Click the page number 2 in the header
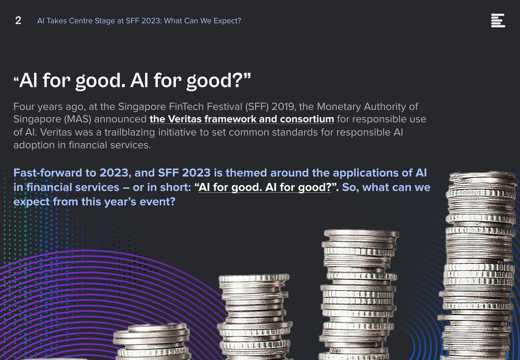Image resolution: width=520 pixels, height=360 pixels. (x=18, y=20)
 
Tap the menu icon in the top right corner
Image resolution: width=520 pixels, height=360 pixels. (x=498, y=20)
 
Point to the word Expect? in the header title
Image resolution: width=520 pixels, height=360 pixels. (x=227, y=21)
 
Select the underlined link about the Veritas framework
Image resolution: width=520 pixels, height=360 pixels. (x=242, y=119)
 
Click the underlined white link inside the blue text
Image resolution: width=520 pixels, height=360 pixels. (x=265, y=187)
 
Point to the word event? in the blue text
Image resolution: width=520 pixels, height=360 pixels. (x=157, y=202)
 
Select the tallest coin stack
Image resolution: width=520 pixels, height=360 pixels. (x=479, y=265)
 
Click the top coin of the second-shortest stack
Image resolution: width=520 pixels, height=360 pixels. (x=254, y=278)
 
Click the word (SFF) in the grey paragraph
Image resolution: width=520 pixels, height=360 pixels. (x=257, y=107)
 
